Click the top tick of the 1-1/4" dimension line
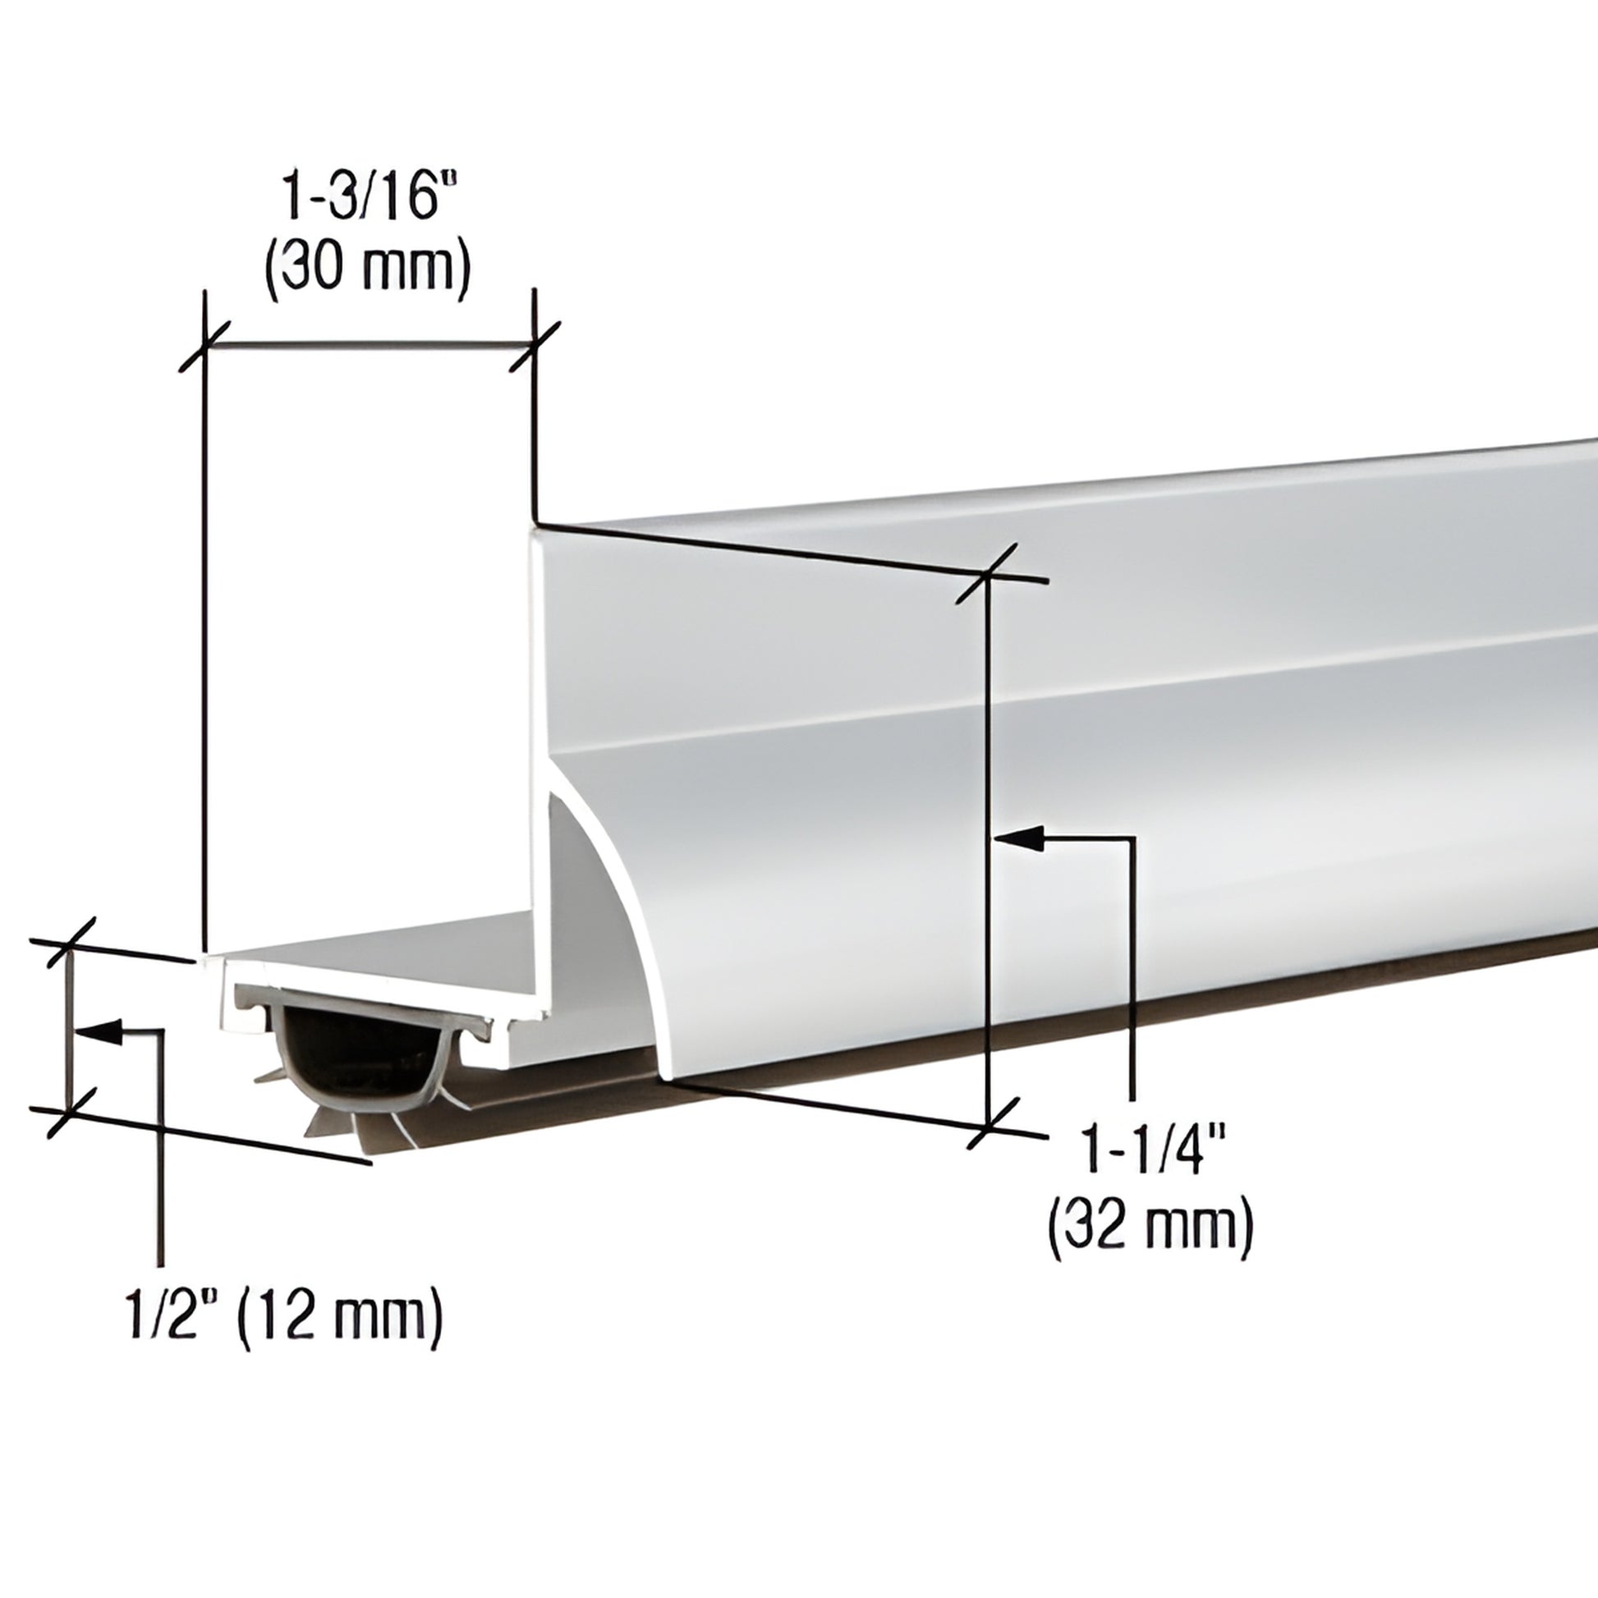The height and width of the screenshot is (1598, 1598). [x=988, y=573]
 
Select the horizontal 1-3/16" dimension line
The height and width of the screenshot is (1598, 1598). [x=369, y=344]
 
